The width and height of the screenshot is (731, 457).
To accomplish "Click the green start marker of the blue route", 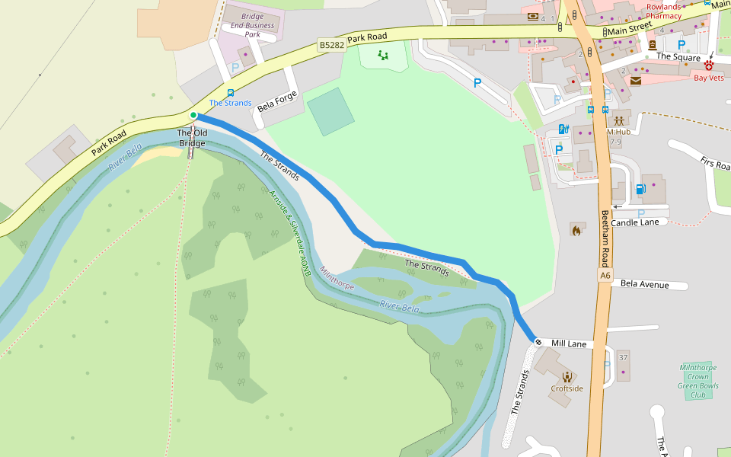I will click(193, 116).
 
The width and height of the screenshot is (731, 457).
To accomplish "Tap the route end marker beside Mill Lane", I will click(538, 341).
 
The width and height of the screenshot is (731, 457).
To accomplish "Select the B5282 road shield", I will click(331, 45).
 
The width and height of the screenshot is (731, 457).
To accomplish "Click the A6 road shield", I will click(605, 275).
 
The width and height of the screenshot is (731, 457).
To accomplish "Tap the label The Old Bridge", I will click(192, 138).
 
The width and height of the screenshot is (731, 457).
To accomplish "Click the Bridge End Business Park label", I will click(252, 25).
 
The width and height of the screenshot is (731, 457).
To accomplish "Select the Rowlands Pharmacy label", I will click(663, 11).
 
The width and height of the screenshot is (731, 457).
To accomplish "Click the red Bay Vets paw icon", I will click(709, 66).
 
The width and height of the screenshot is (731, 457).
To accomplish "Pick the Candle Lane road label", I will click(640, 222).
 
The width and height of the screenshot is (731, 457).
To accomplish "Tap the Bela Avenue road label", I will click(644, 285).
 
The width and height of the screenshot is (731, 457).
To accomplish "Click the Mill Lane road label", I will click(569, 344).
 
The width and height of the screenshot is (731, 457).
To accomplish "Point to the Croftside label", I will click(567, 388).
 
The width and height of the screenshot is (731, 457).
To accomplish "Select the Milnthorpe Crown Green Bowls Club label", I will click(698, 381).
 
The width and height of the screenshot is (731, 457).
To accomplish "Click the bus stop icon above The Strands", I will click(230, 93).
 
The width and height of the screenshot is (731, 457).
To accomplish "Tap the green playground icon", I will click(383, 55).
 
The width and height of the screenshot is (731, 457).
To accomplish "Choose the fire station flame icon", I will click(576, 229).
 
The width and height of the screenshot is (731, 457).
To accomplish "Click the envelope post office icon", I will click(635, 80).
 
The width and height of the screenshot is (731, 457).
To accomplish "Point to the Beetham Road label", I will click(605, 235).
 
